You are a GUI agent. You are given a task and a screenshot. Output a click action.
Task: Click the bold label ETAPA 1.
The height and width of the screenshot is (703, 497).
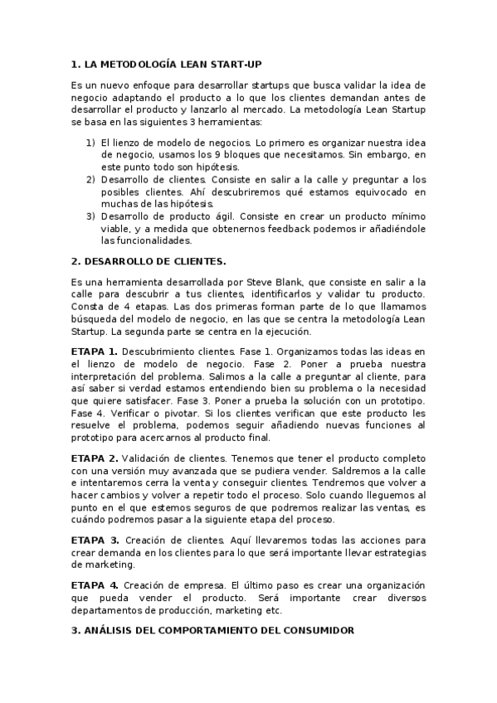point(94,351)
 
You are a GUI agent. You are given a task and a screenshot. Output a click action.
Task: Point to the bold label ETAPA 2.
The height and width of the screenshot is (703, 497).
point(94,458)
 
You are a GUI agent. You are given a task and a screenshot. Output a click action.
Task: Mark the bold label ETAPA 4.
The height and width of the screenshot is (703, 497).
point(94,585)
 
